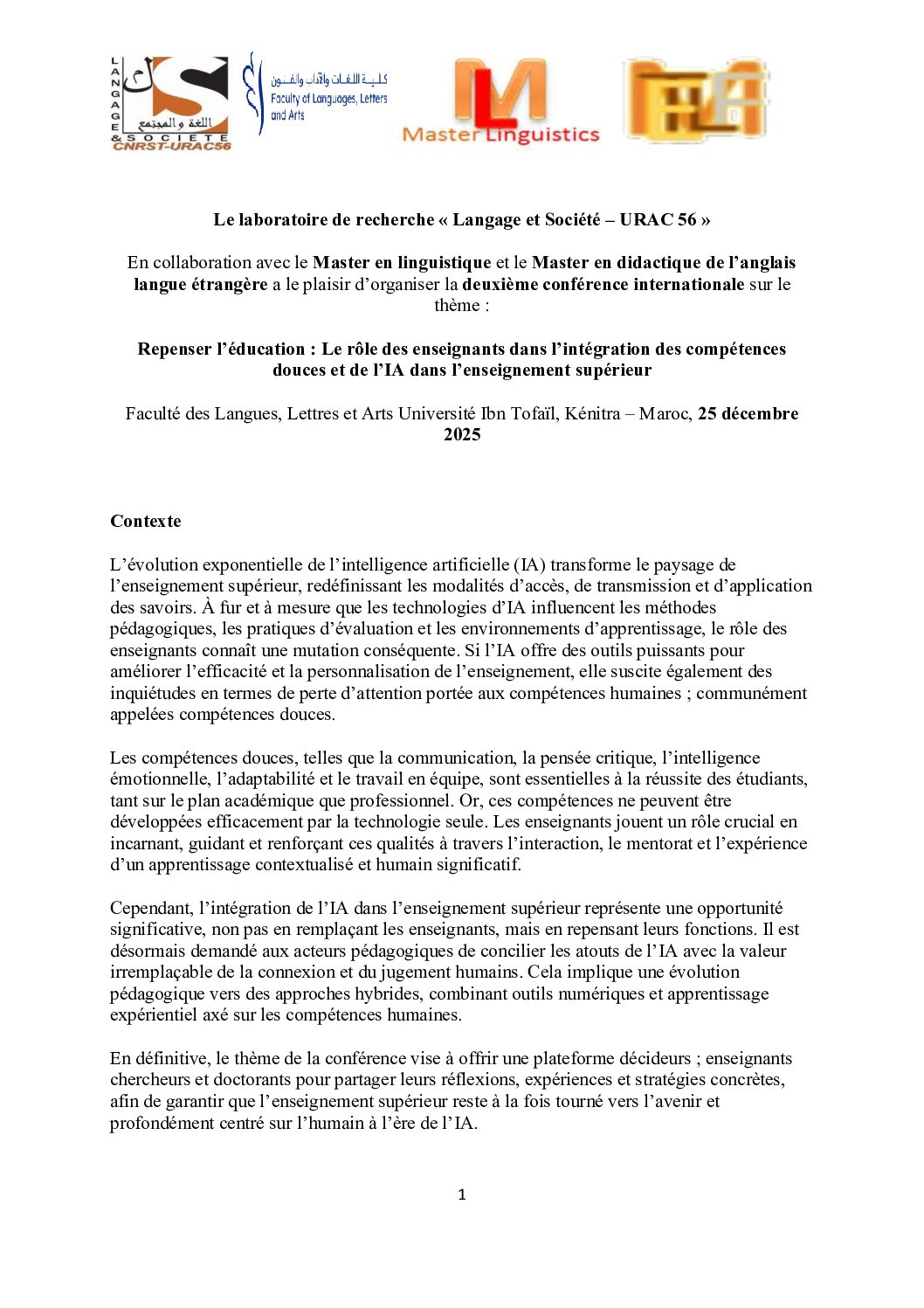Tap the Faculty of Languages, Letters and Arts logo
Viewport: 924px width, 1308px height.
coord(316,94)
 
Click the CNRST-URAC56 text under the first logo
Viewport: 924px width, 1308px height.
coord(172,146)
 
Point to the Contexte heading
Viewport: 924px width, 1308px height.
coord(146,522)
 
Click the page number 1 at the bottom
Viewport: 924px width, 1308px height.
coord(462,1194)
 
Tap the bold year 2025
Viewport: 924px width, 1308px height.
coord(462,435)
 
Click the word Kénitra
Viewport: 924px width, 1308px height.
coord(592,413)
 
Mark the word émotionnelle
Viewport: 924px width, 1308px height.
coord(159,779)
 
